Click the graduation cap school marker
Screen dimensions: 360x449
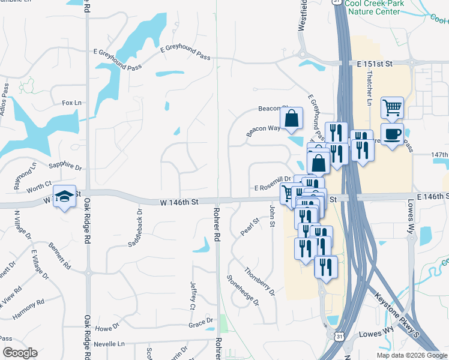pyautogui.click(x=65, y=196)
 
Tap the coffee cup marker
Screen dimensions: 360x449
pyautogui.click(x=392, y=134)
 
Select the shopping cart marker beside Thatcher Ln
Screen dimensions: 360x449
pyautogui.click(x=392, y=108)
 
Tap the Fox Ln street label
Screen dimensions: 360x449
pyautogui.click(x=71, y=103)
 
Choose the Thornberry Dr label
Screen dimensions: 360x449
pyautogui.click(x=260, y=281)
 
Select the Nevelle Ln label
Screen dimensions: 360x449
pyautogui.click(x=112, y=344)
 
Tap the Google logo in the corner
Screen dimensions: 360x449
pyautogui.click(x=20, y=352)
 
